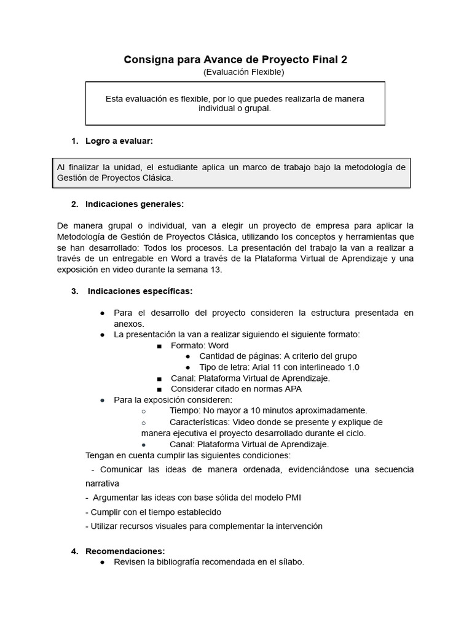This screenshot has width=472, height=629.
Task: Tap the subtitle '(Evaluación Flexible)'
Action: pos(243,72)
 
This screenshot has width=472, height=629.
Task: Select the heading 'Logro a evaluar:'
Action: pos(119,141)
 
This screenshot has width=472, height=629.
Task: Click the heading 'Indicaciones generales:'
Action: pos(135,204)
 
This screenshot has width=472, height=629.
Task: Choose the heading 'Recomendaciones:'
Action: pos(125,551)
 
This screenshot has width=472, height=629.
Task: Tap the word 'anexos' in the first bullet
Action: pos(128,323)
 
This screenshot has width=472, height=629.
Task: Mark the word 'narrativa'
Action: pos(103,483)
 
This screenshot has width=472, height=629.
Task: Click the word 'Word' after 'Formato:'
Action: pos(218,345)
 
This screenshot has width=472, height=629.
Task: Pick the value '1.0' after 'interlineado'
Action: pos(353,367)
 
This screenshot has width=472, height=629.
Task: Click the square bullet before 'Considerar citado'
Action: pos(159,389)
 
